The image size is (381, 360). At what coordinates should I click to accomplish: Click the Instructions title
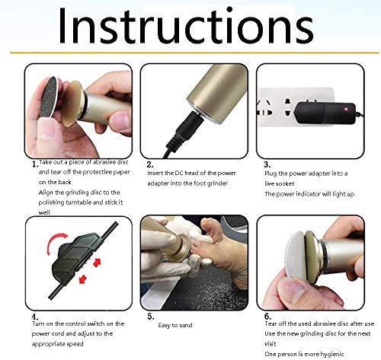[186, 26]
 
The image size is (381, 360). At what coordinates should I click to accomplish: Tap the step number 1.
[35, 164]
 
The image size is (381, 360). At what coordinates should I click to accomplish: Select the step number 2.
[150, 164]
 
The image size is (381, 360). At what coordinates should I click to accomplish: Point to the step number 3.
[267, 164]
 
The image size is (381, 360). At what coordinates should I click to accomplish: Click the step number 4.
[35, 317]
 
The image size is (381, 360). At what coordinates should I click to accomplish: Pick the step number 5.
[151, 317]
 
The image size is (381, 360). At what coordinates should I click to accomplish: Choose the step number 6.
[267, 317]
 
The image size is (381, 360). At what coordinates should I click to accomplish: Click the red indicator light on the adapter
[346, 109]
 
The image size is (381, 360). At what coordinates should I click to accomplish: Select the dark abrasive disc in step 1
[50, 97]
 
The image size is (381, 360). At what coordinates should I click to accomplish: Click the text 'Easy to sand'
[175, 325]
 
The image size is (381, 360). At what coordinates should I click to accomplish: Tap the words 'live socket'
[280, 183]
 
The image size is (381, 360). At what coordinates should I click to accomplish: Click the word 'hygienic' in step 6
[332, 354]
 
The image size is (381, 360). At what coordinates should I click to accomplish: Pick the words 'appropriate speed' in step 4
[57, 344]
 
